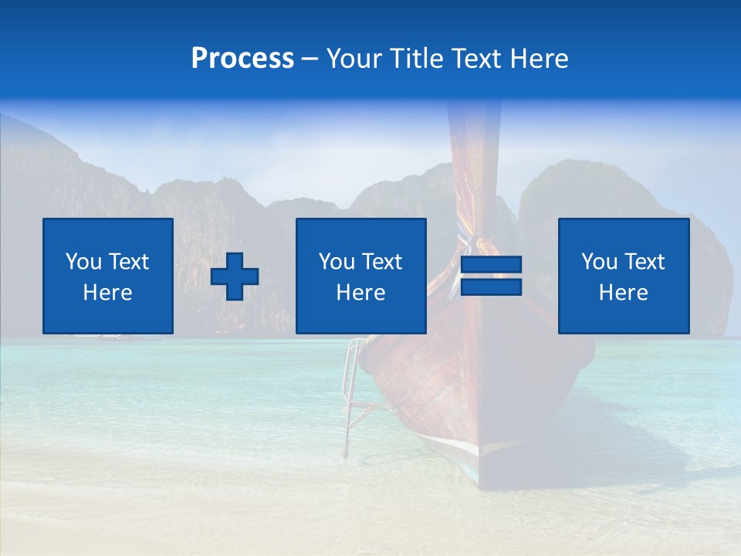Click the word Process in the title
pos(242,59)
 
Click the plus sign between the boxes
pos(235,276)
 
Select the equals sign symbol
pos(491,276)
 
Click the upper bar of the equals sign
pos(491,265)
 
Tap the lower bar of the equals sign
pos(491,287)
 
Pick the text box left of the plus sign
pos(108,276)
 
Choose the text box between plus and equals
pos(360,276)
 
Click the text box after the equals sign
pos(624,276)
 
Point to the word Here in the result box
pos(624,293)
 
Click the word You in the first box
pos(83,262)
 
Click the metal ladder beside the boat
pos(353,394)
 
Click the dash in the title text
pos(310,59)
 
